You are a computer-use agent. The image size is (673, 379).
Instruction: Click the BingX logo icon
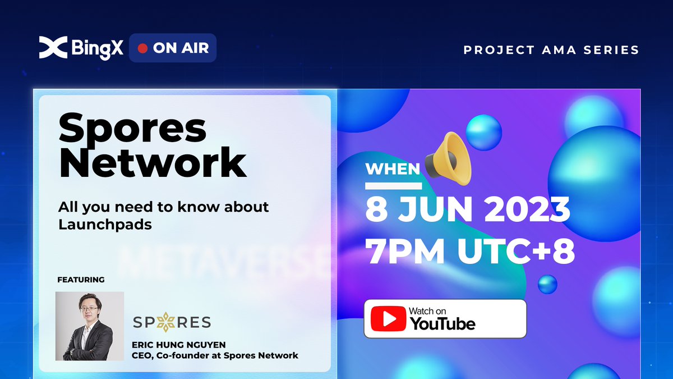pyautogui.click(x=53, y=48)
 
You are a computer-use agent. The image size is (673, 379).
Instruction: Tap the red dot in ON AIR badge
pyautogui.click(x=142, y=48)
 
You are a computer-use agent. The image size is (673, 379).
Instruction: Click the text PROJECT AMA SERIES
pyautogui.click(x=551, y=50)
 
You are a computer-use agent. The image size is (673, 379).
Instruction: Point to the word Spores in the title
pyautogui.click(x=132, y=127)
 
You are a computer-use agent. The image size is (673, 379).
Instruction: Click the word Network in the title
pyautogui.click(x=153, y=163)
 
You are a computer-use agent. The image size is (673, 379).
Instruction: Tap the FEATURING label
pyautogui.click(x=81, y=280)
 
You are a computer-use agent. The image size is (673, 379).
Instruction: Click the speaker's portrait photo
pyautogui.click(x=90, y=326)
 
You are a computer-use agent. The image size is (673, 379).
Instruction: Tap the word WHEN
pyautogui.click(x=393, y=169)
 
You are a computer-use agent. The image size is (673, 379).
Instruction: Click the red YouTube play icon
pyautogui.click(x=388, y=319)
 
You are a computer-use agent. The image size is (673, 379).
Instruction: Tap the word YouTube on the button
pyautogui.click(x=442, y=323)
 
